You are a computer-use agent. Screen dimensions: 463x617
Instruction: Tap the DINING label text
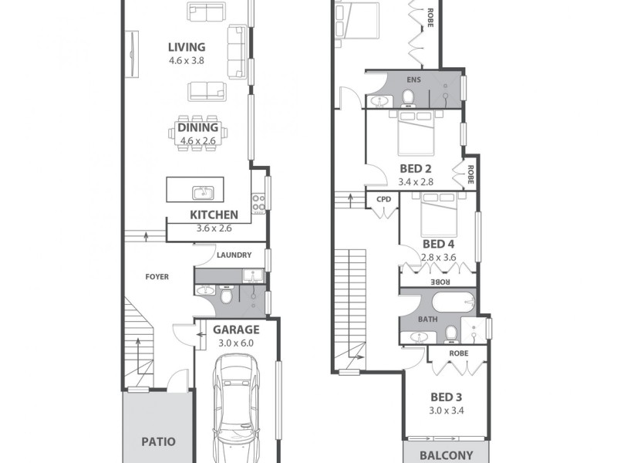coord(198,127)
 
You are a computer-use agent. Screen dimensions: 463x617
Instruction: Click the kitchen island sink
coord(203,191)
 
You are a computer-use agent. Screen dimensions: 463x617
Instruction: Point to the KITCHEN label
coord(214,215)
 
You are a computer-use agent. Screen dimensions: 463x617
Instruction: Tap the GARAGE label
coord(235,329)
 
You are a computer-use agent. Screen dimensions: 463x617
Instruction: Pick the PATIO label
coord(158,442)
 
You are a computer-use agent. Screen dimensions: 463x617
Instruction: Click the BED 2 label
coord(416,168)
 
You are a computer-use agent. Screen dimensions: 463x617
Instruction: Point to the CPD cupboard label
coord(383,199)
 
